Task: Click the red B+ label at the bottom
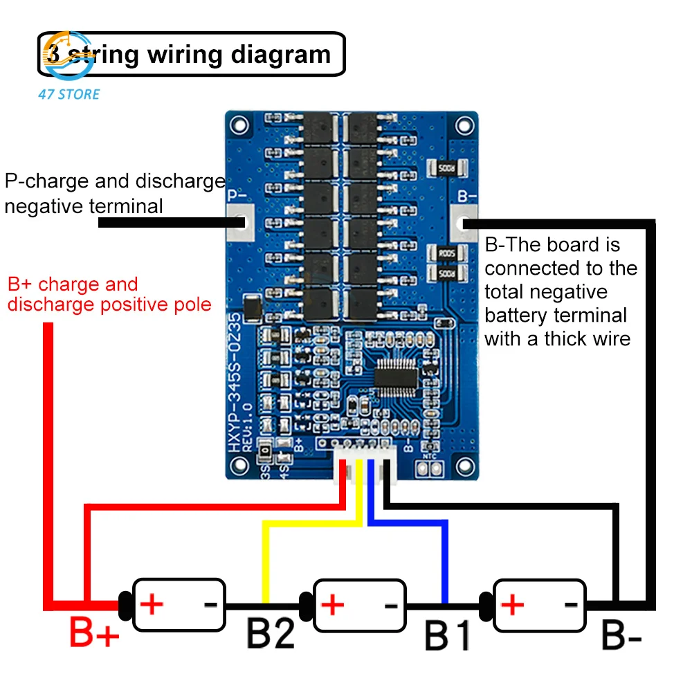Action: [x=94, y=633]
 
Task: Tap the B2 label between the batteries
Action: [x=271, y=633]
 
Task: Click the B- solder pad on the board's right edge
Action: [x=464, y=222]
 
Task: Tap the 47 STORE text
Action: [x=69, y=94]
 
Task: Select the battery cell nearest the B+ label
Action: [x=179, y=605]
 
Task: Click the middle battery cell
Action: [x=360, y=605]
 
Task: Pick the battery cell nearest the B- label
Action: [x=540, y=605]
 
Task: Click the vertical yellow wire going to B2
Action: [x=264, y=561]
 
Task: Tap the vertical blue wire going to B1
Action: [x=445, y=561]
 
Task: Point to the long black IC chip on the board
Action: [x=397, y=377]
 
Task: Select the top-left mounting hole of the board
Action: [x=239, y=125]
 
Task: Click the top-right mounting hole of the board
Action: [x=464, y=125]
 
